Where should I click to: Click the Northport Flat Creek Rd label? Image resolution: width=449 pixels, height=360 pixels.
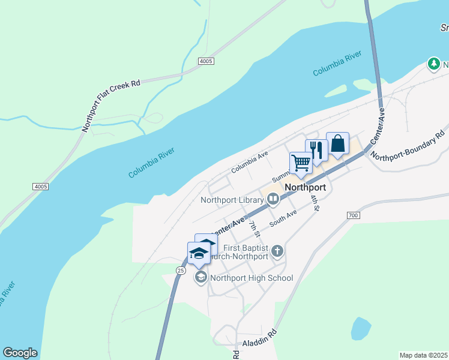[111, 104]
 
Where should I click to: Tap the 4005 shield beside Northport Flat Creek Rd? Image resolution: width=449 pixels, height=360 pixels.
[205, 61]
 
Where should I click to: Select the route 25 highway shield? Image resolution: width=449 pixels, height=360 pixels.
[180, 271]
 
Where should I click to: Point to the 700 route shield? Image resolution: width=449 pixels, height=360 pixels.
[352, 215]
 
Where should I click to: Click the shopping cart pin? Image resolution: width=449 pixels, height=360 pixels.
[301, 162]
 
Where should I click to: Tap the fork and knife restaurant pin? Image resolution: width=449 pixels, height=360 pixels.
[316, 150]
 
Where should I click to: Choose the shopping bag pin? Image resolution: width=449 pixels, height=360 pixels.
[337, 143]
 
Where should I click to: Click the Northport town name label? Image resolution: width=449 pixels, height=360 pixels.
[306, 187]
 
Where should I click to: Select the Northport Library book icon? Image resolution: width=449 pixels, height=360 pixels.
[273, 199]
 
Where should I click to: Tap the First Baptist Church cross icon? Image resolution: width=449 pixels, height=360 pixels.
[277, 251]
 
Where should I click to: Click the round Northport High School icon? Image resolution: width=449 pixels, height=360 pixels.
[200, 277]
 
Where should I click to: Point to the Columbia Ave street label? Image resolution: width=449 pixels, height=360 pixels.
[250, 162]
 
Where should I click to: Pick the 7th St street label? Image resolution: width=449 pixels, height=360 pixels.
[255, 228]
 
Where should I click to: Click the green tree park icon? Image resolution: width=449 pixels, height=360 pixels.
[433, 64]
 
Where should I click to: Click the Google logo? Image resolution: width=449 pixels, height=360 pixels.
[20, 353]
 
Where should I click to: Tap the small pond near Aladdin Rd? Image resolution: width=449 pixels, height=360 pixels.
[360, 329]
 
